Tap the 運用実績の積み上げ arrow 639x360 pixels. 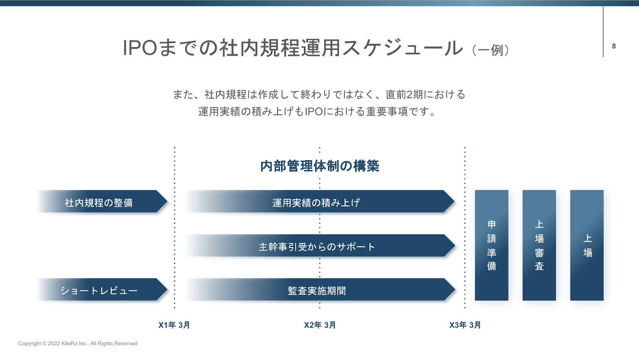[x=319, y=201]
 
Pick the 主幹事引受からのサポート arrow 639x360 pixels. [x=319, y=245]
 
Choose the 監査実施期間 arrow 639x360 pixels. [x=319, y=290]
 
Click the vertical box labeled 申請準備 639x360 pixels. [x=492, y=245]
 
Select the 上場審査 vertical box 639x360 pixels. [x=539, y=245]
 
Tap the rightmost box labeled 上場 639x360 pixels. [x=587, y=245]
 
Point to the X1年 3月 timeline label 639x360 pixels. [x=174, y=325]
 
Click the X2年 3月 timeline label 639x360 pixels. [x=320, y=325]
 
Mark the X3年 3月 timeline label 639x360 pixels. [x=465, y=325]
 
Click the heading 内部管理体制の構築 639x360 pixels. [x=320, y=166]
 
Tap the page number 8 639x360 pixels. [x=614, y=46]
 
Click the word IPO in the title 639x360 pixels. [x=140, y=48]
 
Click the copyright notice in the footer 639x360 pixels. [x=77, y=344]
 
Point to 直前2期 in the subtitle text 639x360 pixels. [x=404, y=95]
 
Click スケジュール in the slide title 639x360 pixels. [x=403, y=48]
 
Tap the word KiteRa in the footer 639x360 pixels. [x=69, y=344]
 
